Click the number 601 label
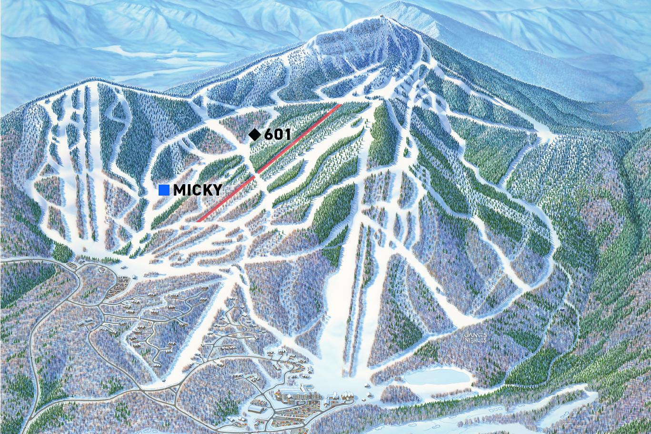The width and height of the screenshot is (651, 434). pos(277,135)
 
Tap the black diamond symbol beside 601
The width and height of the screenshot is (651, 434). pos(255,135)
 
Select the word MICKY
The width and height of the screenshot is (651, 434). pos(198,190)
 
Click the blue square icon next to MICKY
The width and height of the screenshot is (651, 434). pos(164,190)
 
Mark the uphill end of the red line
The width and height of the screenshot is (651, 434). pos(340,105)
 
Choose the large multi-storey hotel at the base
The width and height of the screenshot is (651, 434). pos(305,396)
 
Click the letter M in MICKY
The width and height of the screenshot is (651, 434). pos(180,190)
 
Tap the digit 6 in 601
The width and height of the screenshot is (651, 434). pos(269,135)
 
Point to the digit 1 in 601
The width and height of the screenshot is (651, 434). pos(287,135)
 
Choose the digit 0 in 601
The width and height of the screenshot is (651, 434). pos(279,135)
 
